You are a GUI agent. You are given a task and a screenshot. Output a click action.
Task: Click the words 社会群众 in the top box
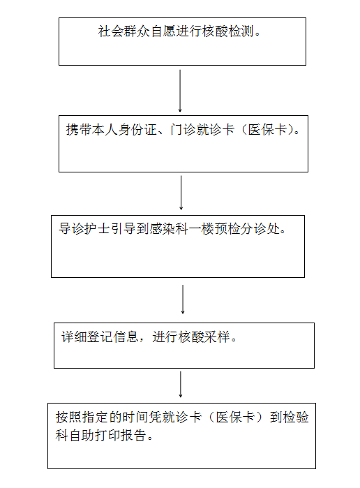click(x=124, y=31)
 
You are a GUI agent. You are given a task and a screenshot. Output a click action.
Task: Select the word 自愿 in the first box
click(x=163, y=31)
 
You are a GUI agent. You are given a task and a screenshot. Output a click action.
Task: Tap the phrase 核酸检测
click(x=227, y=31)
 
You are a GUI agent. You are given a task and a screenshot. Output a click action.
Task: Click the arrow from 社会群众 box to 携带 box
click(x=180, y=91)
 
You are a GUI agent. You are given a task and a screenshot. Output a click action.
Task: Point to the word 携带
click(x=79, y=129)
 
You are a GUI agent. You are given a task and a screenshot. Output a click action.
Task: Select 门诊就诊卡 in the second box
click(x=202, y=129)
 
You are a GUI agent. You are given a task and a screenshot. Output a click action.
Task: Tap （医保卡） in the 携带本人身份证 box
click(x=268, y=129)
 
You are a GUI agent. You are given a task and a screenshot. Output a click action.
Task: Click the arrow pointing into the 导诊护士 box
click(x=181, y=193)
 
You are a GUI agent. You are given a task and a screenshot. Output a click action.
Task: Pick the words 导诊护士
click(x=84, y=229)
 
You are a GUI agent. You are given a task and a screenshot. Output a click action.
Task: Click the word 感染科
click(x=169, y=229)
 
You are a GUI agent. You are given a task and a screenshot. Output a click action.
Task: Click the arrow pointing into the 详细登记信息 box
click(x=183, y=299)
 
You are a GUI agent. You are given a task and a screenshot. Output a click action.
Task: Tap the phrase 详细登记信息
click(x=100, y=337)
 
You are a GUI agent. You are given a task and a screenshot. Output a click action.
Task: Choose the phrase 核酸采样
click(x=204, y=337)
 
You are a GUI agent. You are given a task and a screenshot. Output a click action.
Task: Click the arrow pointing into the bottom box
click(x=181, y=384)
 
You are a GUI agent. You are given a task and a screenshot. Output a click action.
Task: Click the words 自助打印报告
click(x=107, y=435)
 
